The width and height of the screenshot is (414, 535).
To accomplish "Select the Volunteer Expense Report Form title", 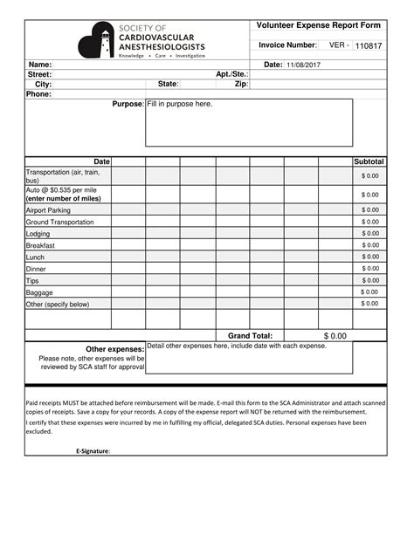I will [x=318, y=25].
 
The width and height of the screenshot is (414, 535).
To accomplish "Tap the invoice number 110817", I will [x=369, y=45].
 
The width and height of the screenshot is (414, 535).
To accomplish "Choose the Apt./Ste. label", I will [x=232, y=74].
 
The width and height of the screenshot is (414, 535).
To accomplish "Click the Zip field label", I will [x=242, y=84].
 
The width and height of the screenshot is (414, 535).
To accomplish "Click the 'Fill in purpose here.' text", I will [x=180, y=105].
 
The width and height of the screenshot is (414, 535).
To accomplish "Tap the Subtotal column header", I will [x=369, y=162].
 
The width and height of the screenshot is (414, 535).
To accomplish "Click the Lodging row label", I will [x=38, y=234].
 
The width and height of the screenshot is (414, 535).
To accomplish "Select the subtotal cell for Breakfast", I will [x=369, y=246].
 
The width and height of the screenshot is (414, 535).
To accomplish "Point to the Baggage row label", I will [x=40, y=292].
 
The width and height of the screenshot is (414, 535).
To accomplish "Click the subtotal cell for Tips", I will [x=369, y=280].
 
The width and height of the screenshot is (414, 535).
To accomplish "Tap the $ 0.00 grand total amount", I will [x=335, y=335].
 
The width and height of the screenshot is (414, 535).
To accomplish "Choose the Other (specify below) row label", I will [x=58, y=304].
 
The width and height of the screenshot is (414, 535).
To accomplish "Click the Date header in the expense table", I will [x=101, y=162].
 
